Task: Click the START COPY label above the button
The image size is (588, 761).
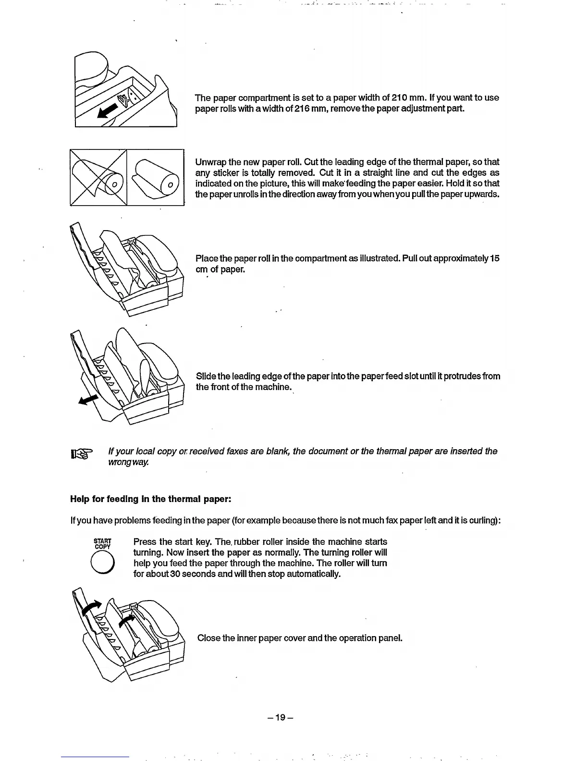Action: (x=102, y=544)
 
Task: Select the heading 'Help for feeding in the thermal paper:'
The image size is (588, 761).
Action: (x=151, y=499)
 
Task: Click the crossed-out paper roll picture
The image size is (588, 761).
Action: (x=98, y=178)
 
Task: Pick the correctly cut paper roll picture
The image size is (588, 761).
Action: (x=156, y=178)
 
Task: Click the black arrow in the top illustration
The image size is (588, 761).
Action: (x=108, y=110)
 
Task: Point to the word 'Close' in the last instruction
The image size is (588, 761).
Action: (x=208, y=638)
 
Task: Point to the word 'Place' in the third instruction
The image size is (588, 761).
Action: (x=207, y=258)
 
